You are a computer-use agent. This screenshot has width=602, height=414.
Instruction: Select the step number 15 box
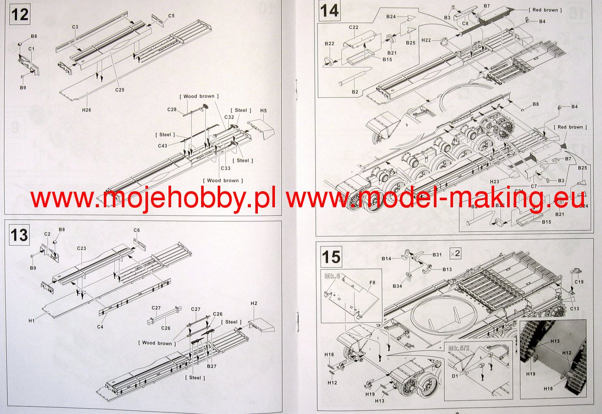[332, 257]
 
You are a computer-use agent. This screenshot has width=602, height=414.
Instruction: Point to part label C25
[119, 90]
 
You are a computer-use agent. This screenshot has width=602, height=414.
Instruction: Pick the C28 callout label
[172, 109]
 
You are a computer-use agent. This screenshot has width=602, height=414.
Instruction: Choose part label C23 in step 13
[82, 248]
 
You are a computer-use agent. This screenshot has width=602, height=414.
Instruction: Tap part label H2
[254, 304]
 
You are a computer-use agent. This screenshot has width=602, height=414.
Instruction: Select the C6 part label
[136, 230]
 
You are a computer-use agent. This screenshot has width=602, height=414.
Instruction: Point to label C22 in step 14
[353, 27]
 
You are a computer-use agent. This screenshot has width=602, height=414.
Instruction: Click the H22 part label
[426, 40]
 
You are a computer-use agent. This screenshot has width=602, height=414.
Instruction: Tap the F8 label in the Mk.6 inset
[372, 283]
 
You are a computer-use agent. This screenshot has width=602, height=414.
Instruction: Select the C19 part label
[579, 282]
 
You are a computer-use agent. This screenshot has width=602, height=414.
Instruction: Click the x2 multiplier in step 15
[456, 252]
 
